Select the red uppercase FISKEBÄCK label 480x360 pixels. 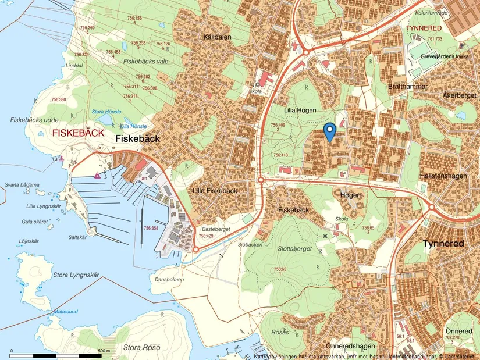78,133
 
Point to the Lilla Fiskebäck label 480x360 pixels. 215,191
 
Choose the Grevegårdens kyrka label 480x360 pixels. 444,56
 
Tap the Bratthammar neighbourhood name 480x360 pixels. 407,87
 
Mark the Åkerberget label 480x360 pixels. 459,95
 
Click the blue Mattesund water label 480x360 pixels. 65,312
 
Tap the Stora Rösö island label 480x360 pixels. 142,348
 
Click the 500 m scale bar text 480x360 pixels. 104,351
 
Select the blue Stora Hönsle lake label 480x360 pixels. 106,112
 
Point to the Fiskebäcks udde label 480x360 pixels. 34,120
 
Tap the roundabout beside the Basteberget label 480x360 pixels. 196,249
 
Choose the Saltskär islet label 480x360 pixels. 77,237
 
